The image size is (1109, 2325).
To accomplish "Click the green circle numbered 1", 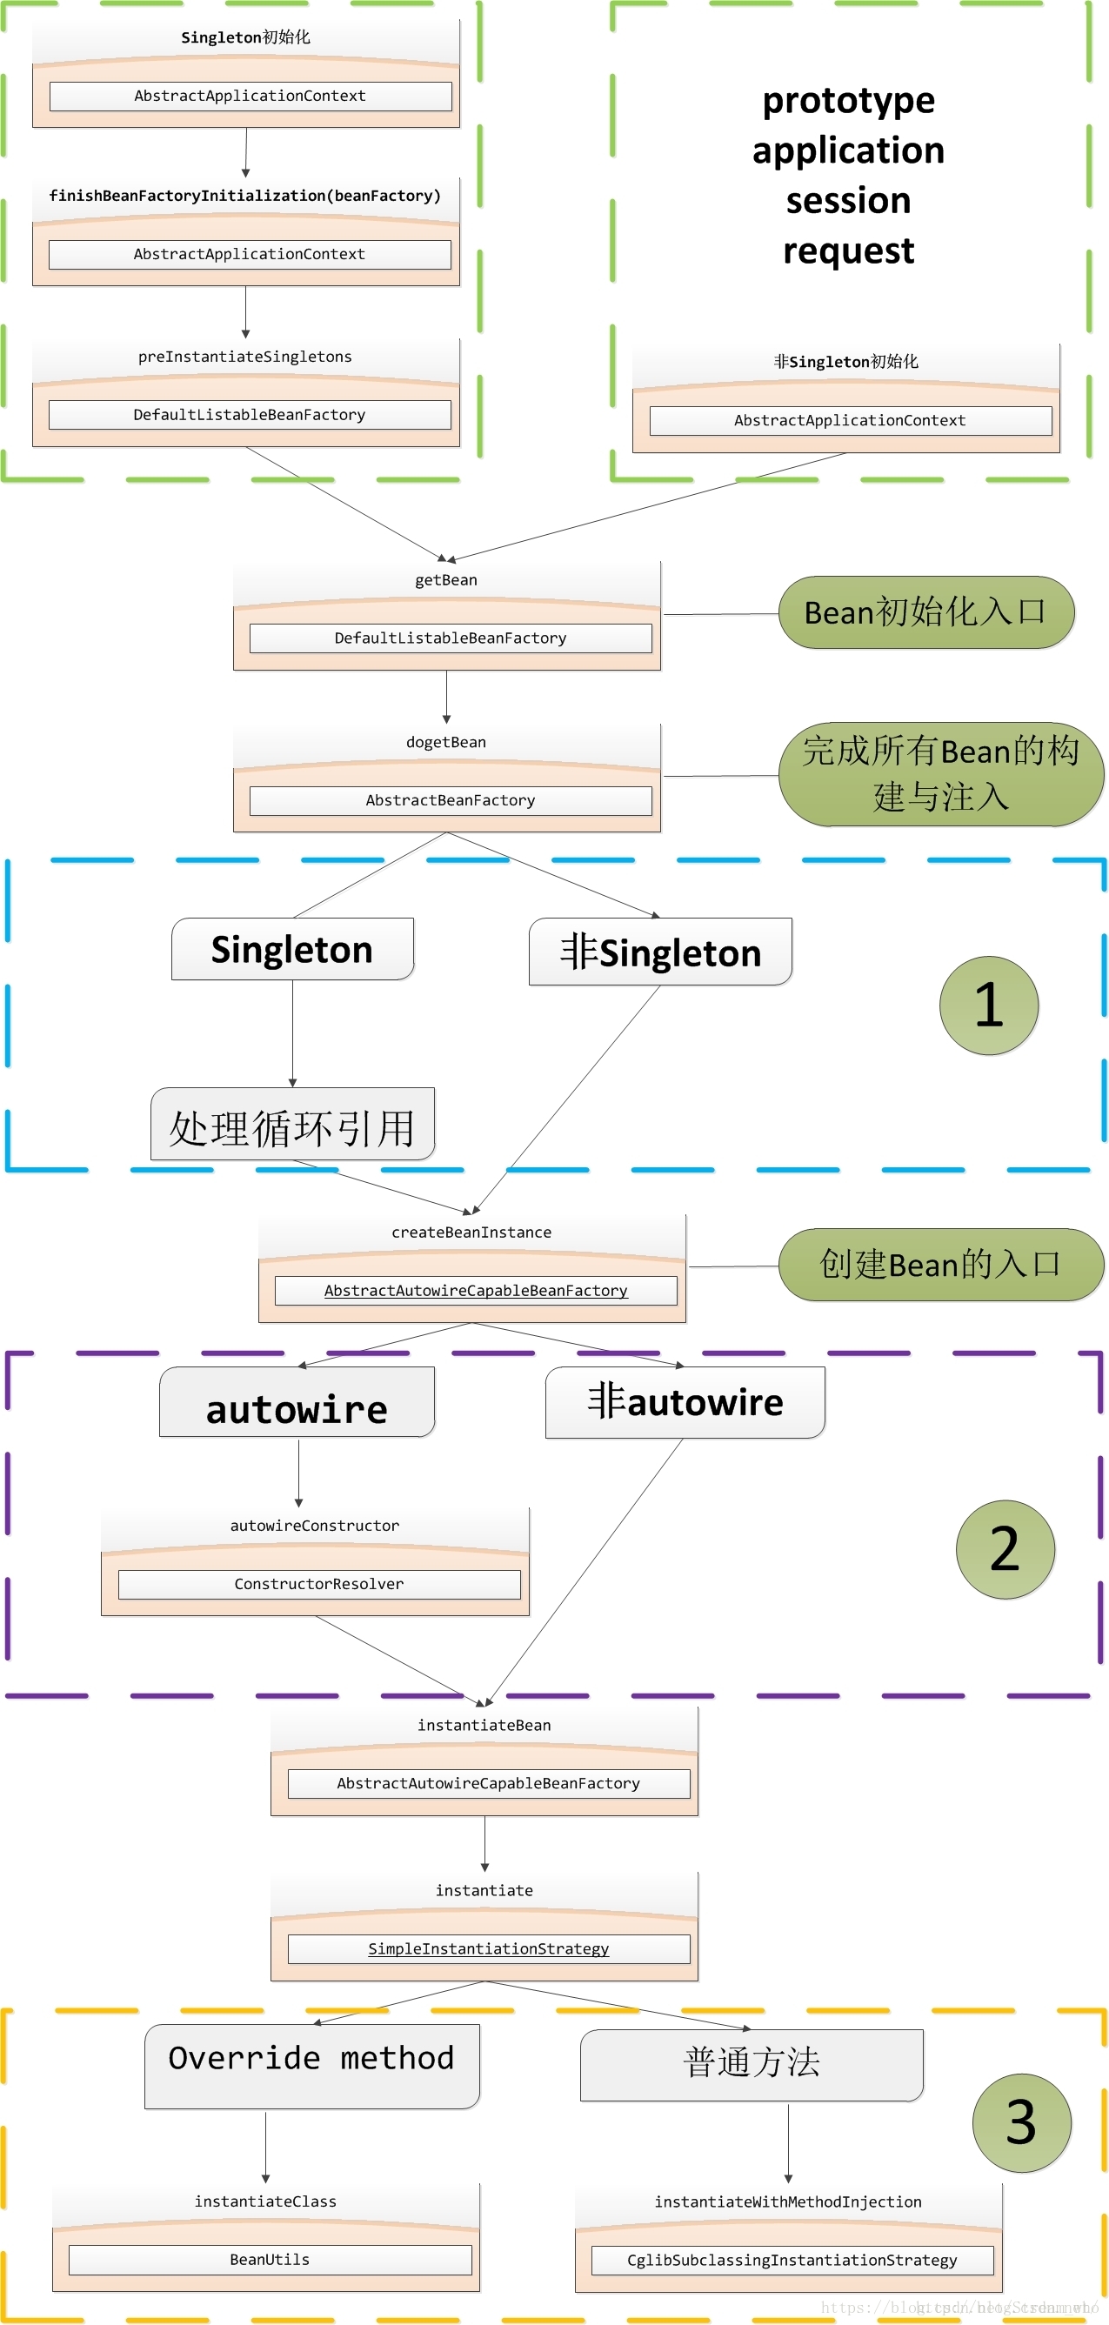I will tap(988, 1005).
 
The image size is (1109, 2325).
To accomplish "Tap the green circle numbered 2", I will tap(1005, 1549).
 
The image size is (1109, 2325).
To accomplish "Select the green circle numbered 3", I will tap(1020, 2122).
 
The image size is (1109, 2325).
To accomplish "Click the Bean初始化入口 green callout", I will tap(925, 612).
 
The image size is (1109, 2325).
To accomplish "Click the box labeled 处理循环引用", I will tap(292, 1125).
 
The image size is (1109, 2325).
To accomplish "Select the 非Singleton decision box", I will tap(659, 952).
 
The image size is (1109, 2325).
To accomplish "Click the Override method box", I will tap(311, 2059).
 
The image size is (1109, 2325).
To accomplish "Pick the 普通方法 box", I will tap(751, 2063).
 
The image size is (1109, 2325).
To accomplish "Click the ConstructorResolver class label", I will tap(318, 1584).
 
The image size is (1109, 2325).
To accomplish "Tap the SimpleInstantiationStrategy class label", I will tap(488, 1948).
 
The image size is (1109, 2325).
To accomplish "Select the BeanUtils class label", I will tap(269, 2259).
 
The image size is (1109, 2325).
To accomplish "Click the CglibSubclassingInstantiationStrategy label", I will tap(792, 2260).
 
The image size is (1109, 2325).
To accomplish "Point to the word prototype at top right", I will tap(848, 101).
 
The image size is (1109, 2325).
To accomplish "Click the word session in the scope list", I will tap(848, 200).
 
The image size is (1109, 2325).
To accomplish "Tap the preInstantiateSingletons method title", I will tap(244, 357).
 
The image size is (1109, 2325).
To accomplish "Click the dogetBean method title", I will tap(445, 742).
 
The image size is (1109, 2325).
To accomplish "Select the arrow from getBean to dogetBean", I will tap(447, 696).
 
